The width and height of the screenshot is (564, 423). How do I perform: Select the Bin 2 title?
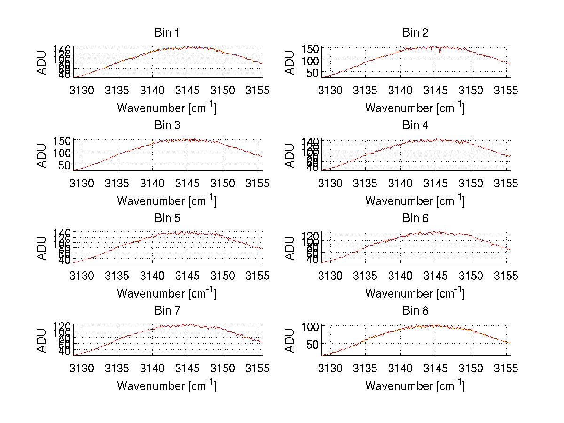(x=415, y=33)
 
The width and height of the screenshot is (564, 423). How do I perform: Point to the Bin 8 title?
(x=415, y=311)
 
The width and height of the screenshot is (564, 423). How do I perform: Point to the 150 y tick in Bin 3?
(x=65, y=141)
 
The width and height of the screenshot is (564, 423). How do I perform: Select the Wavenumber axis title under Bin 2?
(x=415, y=108)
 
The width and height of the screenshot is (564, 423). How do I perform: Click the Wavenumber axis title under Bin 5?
(x=167, y=293)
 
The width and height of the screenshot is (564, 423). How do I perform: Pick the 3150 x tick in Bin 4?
(x=471, y=183)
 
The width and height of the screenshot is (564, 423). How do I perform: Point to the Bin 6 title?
(x=415, y=218)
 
